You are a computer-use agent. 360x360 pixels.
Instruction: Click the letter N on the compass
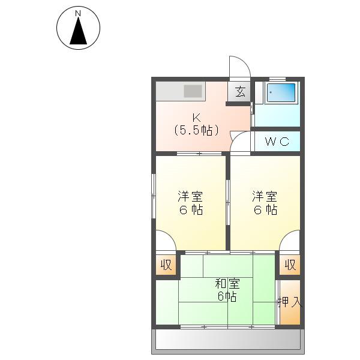tap(78, 14)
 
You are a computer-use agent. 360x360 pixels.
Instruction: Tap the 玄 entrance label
tap(240, 92)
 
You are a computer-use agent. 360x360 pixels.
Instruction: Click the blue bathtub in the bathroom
tap(281, 92)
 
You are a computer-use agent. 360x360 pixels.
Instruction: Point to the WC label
tap(277, 142)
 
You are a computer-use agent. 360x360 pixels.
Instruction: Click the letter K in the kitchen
tap(197, 118)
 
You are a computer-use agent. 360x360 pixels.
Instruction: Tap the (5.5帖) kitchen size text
tap(196, 131)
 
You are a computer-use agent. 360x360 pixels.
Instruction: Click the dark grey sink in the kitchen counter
tap(193, 91)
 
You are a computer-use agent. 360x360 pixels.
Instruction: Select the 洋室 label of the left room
tap(190, 197)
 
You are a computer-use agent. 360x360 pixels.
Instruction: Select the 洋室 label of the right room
tap(265, 197)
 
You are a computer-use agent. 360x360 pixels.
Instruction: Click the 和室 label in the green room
tap(227, 284)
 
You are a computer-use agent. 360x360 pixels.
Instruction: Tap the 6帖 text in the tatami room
tap(227, 296)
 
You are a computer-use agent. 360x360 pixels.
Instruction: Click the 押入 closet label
tap(290, 302)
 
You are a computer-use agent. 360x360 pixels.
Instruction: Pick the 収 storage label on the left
tap(166, 265)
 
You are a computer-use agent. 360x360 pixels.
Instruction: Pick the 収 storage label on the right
tap(290, 265)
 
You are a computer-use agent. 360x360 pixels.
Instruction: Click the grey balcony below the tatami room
tap(228, 340)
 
